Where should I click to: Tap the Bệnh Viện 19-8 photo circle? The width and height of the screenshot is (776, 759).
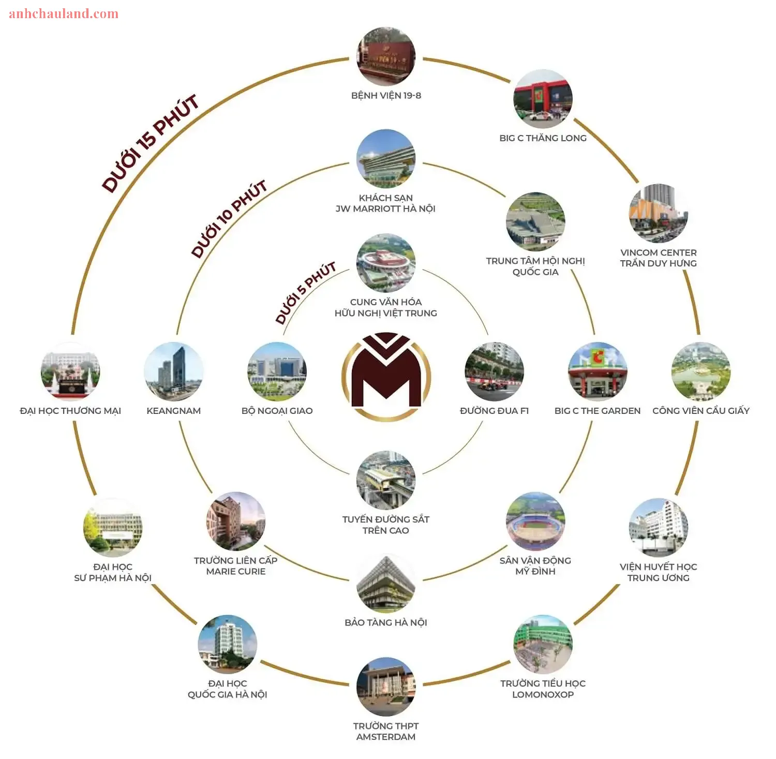(386, 57)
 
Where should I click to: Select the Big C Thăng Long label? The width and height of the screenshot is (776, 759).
(543, 138)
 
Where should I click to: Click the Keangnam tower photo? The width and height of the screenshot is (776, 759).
(174, 371)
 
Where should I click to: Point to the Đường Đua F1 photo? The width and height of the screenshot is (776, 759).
(495, 371)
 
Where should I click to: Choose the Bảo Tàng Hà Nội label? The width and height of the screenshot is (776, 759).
(386, 622)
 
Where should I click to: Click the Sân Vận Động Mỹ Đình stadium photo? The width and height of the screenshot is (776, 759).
(535, 522)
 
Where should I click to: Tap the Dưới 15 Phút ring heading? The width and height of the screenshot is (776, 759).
(151, 143)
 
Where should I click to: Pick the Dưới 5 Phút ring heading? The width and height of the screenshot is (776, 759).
(306, 293)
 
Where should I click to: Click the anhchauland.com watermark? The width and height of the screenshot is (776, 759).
(64, 13)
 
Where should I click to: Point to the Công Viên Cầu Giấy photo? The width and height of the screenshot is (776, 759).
(701, 371)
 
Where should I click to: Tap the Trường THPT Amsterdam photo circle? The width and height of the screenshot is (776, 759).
(386, 687)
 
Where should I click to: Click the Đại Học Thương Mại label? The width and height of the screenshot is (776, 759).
(70, 411)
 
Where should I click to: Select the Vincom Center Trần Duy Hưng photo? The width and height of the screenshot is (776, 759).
(659, 213)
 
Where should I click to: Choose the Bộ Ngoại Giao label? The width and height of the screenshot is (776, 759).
(277, 411)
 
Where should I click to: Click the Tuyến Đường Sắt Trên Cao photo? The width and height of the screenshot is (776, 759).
(386, 480)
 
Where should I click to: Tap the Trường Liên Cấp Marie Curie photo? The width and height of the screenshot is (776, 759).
(236, 522)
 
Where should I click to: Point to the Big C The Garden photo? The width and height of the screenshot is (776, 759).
(598, 371)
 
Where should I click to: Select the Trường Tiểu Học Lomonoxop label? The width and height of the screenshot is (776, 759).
(543, 689)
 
